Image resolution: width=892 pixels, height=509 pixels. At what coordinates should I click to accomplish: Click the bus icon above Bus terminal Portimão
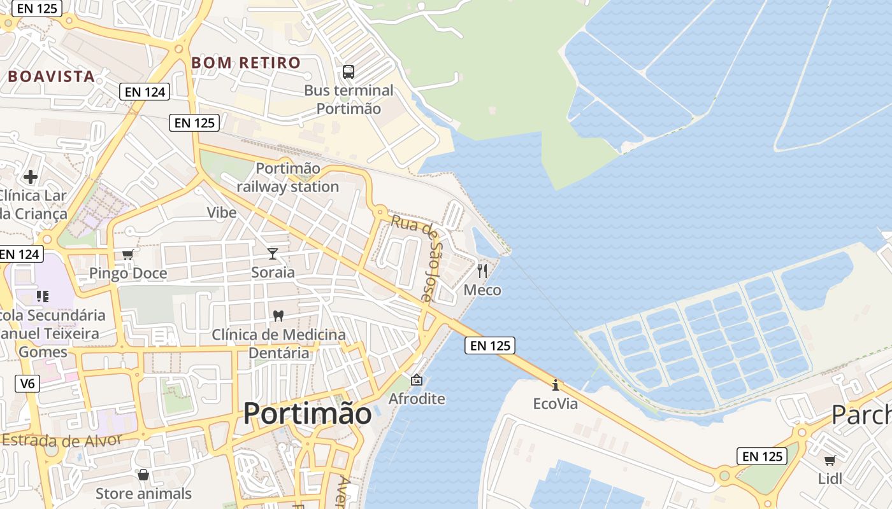pyautogui.click(x=348, y=72)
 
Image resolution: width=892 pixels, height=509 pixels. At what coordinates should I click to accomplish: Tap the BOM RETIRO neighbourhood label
pyautogui.click(x=246, y=63)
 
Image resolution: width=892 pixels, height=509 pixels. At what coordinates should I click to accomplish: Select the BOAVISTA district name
pyautogui.click(x=51, y=77)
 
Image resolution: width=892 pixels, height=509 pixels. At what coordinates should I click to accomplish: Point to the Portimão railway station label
pyautogui.click(x=288, y=178)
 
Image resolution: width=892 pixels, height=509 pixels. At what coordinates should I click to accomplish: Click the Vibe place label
pyautogui.click(x=222, y=213)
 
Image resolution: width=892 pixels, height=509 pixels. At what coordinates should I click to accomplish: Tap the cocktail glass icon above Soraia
pyautogui.click(x=273, y=254)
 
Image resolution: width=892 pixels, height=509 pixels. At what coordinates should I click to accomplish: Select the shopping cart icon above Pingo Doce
pyautogui.click(x=127, y=255)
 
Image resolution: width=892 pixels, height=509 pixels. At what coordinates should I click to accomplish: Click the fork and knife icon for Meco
pyautogui.click(x=482, y=271)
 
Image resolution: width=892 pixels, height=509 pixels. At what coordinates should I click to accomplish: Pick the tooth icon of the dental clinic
pyautogui.click(x=278, y=316)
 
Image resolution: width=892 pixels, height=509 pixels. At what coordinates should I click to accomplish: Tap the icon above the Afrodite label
pyautogui.click(x=417, y=380)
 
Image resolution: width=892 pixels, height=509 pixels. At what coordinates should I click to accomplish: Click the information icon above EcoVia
pyautogui.click(x=556, y=385)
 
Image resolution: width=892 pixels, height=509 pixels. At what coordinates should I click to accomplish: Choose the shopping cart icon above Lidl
pyautogui.click(x=830, y=460)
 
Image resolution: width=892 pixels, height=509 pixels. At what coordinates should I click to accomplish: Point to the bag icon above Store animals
pyautogui.click(x=143, y=475)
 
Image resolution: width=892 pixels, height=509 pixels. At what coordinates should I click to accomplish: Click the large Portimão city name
pyautogui.click(x=307, y=414)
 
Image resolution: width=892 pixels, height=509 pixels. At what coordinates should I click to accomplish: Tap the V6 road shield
pyautogui.click(x=26, y=384)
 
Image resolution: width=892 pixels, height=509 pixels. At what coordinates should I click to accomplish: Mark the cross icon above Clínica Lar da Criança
pyautogui.click(x=30, y=176)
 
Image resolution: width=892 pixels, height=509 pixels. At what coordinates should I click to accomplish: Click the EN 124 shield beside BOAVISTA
pyautogui.click(x=145, y=92)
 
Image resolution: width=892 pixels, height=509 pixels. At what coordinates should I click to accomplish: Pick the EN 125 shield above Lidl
pyautogui.click(x=762, y=456)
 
